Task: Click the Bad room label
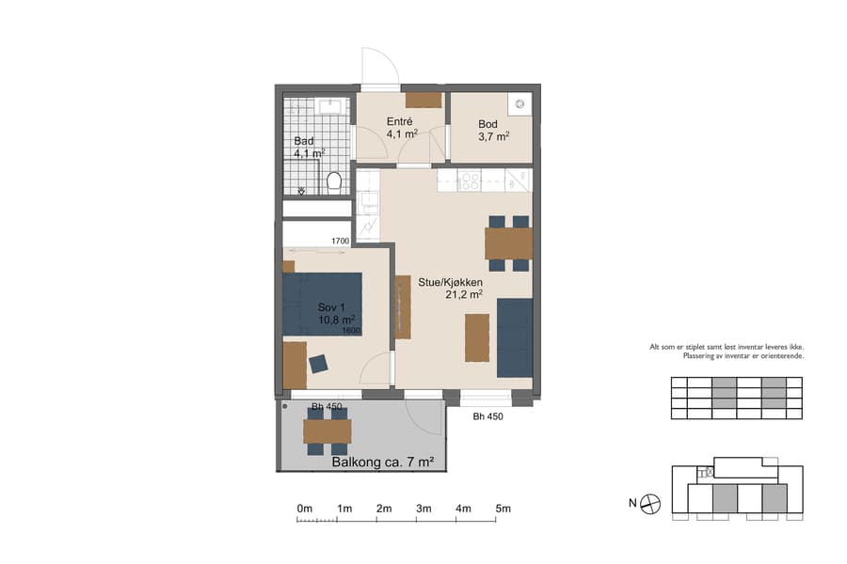point(304,141)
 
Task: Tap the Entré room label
point(402,122)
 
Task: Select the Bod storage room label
point(487,124)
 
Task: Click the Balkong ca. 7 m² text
point(382,462)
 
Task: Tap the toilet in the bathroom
point(333,180)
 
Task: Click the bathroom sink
point(329,105)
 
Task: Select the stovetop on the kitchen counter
point(469,180)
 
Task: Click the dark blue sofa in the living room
point(515,337)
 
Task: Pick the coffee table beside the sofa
point(477,337)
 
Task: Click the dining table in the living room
point(508,243)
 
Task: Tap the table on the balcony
point(327,431)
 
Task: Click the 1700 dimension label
point(341,242)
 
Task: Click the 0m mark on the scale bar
point(304,509)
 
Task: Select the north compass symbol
point(649,504)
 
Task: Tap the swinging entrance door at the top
point(380,68)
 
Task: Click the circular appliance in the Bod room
point(519,103)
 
